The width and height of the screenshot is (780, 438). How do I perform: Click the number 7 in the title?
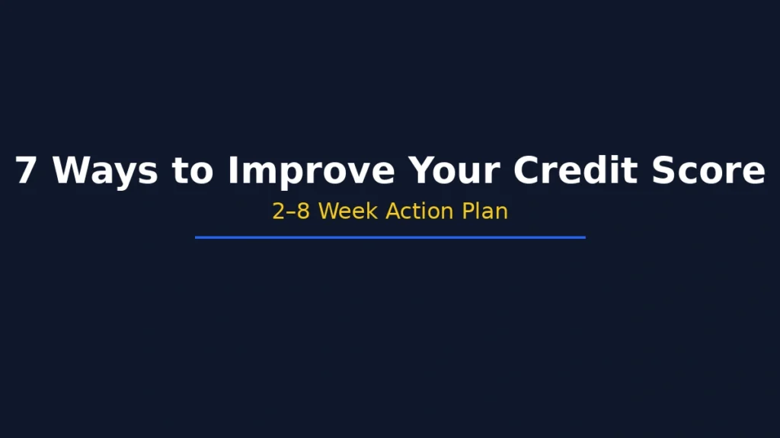(x=25, y=170)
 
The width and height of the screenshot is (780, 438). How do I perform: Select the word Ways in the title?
(x=105, y=170)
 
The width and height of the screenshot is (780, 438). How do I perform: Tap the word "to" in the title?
(x=193, y=170)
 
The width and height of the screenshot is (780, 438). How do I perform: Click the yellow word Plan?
(x=485, y=211)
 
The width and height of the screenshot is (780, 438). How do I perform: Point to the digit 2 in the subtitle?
(x=279, y=211)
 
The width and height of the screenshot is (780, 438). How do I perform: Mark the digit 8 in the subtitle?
(x=303, y=211)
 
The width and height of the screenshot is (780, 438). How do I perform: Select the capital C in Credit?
(x=527, y=170)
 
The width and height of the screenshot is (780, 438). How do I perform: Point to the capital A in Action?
(x=394, y=211)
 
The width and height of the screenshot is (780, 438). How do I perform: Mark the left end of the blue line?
(x=197, y=237)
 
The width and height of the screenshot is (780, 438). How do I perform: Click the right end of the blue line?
(x=584, y=237)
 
